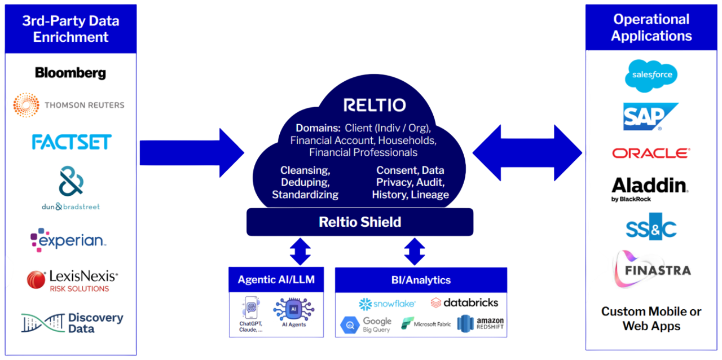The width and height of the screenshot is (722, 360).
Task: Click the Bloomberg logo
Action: coord(71,73)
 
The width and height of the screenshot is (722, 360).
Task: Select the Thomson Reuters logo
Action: coord(69,105)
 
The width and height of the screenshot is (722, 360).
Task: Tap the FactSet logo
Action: coord(72,142)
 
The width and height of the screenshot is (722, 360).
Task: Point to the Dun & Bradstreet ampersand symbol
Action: coord(71,181)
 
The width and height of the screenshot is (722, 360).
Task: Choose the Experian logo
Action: coord(68,240)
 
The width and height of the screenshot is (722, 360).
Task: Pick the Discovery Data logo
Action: coord(72,323)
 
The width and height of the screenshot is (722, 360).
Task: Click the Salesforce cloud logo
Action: coord(651,75)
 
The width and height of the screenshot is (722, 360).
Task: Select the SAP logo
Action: coord(650,117)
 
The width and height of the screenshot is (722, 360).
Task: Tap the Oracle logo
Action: coord(651,153)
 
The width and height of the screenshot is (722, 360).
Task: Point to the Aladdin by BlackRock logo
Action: coord(649,188)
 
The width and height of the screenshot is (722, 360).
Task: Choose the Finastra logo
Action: coord(652,269)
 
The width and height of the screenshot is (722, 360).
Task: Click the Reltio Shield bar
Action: coord(360,222)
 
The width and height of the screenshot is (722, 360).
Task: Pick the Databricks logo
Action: coord(464,303)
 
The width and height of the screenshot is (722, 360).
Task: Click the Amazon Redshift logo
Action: coord(481,324)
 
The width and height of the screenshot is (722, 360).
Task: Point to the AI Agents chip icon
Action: coord(293,309)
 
